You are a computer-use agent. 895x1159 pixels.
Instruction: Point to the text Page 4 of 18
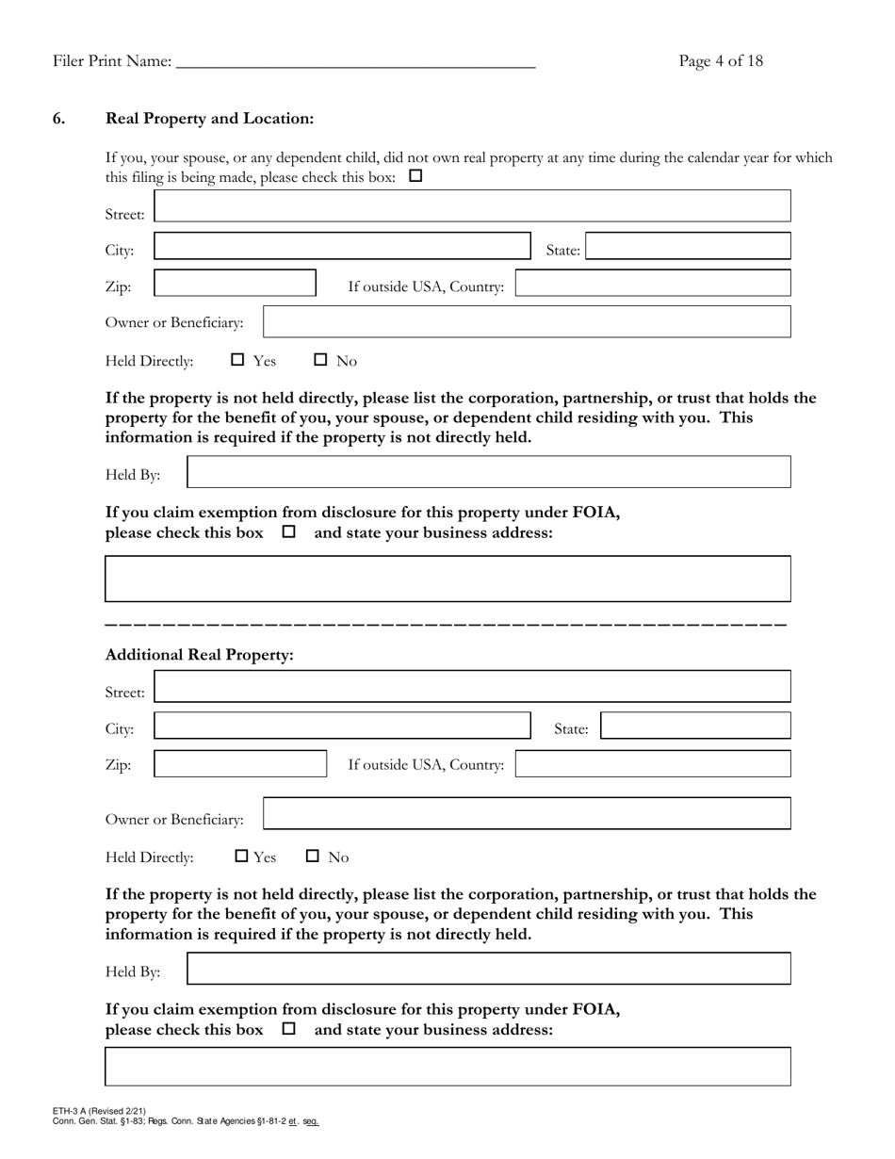click(721, 61)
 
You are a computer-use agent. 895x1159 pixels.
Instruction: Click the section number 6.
click(59, 119)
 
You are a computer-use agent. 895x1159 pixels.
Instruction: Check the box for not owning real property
click(415, 176)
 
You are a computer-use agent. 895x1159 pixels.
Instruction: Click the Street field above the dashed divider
click(472, 206)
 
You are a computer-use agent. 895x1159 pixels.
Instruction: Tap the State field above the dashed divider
click(688, 247)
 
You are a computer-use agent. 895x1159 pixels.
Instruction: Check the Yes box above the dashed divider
click(238, 359)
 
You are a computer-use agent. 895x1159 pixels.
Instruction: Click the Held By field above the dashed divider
click(489, 472)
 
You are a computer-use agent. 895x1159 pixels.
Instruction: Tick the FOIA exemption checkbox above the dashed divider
click(289, 531)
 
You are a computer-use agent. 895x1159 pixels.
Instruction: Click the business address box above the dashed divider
click(447, 579)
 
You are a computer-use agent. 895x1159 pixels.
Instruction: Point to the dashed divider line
click(446, 625)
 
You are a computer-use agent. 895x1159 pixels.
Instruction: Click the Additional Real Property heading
click(199, 655)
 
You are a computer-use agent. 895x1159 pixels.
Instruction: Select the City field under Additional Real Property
click(342, 726)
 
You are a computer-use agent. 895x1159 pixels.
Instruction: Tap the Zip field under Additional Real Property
click(240, 763)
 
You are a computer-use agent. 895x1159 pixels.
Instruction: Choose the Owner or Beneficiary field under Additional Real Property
click(527, 814)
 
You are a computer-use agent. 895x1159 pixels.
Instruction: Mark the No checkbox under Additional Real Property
click(314, 857)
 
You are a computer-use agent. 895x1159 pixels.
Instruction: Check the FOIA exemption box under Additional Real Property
click(289, 1029)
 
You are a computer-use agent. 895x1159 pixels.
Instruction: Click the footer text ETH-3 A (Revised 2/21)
click(100, 1112)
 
